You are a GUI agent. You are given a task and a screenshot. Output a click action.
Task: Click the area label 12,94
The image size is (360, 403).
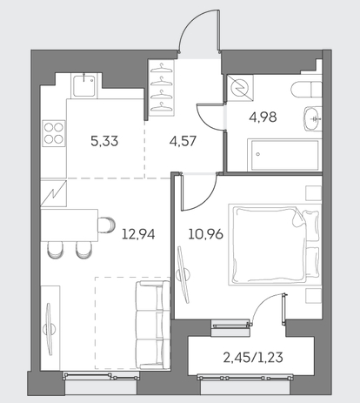tap(138, 234)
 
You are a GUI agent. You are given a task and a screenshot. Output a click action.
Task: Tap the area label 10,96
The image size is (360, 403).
tap(206, 234)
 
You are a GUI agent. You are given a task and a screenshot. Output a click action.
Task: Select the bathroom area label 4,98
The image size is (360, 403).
tap(263, 118)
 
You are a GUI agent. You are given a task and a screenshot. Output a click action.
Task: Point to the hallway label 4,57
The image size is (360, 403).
tap(183, 141)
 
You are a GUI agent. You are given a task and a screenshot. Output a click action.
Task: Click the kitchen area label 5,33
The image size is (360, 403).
tap(104, 141)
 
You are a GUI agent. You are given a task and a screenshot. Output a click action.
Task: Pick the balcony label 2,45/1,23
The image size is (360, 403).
tap(253, 358)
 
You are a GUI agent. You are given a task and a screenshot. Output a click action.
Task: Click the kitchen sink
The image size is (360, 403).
tap(83, 86)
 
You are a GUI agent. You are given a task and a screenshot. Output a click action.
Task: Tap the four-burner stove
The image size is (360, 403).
tap(54, 133)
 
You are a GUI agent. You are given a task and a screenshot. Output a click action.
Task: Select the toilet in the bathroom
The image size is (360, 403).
tap(306, 89)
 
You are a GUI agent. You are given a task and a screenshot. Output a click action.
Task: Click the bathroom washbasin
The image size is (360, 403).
tap(312, 118)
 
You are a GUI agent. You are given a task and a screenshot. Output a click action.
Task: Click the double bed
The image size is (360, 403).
tap(275, 245)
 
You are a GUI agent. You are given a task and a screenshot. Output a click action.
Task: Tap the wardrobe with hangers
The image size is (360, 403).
tap(162, 88)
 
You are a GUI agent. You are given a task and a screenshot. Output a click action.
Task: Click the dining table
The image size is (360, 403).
tap(70, 225)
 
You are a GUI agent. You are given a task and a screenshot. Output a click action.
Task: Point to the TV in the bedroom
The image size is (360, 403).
tap(183, 274)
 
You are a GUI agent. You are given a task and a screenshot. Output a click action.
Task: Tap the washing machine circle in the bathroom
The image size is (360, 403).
tap(240, 88)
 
